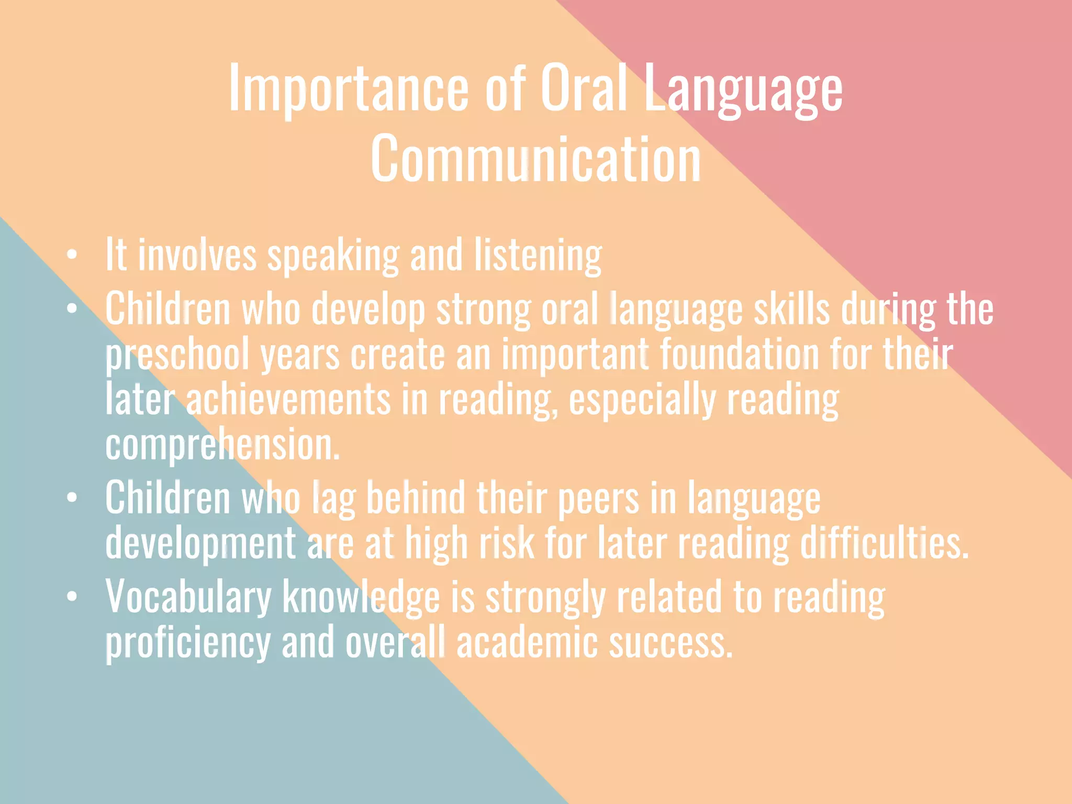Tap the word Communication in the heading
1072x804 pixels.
[x=535, y=159]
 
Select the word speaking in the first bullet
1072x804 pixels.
[x=333, y=255]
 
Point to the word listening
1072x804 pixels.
[x=538, y=255]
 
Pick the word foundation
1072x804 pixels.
[x=739, y=355]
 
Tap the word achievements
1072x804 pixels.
[x=288, y=400]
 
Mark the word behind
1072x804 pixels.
[x=416, y=498]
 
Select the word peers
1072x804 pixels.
[x=598, y=498]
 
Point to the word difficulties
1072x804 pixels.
[x=885, y=543]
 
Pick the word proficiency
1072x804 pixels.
[x=188, y=643]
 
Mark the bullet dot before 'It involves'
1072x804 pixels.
[x=72, y=255]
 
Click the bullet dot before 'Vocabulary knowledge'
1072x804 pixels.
[x=72, y=596]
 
